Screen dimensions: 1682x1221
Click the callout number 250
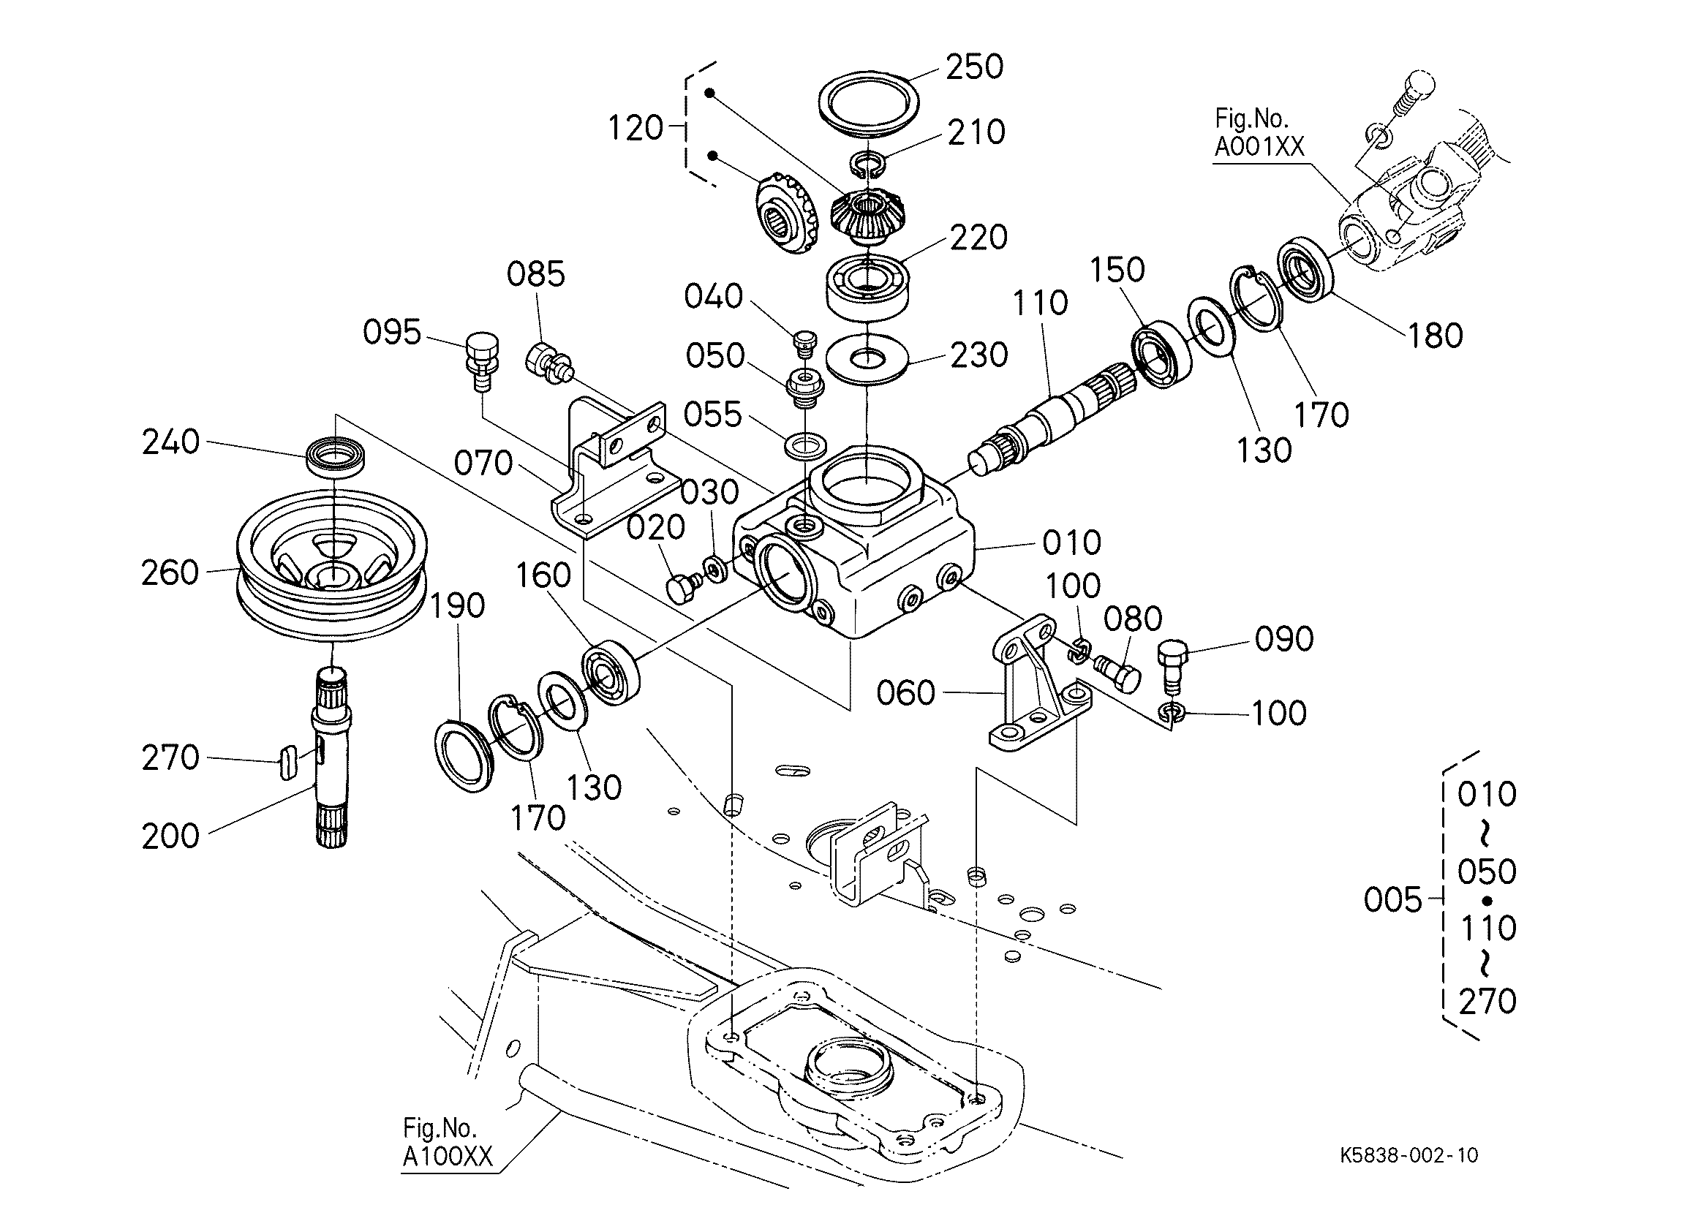click(x=975, y=67)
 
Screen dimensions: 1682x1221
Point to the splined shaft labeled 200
click(x=332, y=756)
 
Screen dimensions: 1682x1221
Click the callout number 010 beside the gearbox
click(x=1071, y=543)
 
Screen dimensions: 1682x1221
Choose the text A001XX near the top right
click(x=1259, y=147)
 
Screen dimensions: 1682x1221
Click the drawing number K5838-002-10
click(x=1409, y=1155)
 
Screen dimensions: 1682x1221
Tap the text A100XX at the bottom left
click(x=448, y=1157)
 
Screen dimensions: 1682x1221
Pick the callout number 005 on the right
click(x=1392, y=900)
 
